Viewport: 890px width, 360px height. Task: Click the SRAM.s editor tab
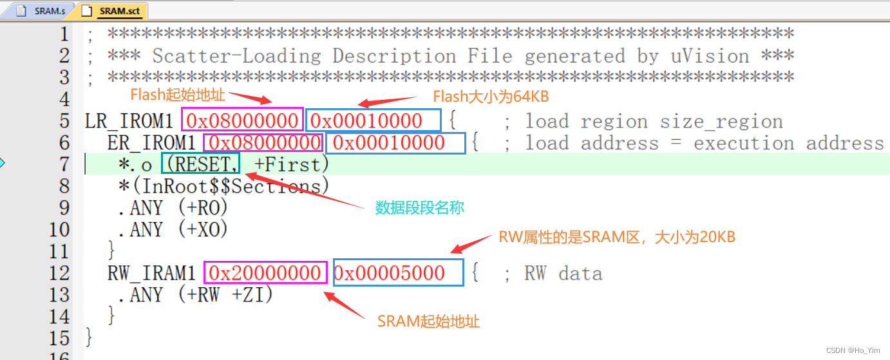[43, 11]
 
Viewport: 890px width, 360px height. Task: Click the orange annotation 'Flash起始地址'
[178, 95]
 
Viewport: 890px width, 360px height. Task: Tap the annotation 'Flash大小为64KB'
[490, 97]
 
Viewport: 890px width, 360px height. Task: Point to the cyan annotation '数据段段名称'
[419, 208]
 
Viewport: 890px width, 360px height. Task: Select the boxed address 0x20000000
[264, 273]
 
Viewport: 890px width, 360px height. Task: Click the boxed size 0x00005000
[397, 273]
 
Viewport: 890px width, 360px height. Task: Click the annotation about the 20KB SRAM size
[616, 237]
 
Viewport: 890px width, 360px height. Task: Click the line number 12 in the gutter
[59, 273]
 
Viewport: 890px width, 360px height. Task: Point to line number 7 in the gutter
[63, 164]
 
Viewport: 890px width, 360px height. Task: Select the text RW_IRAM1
[151, 273]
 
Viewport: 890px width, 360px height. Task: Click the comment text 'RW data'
[563, 273]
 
